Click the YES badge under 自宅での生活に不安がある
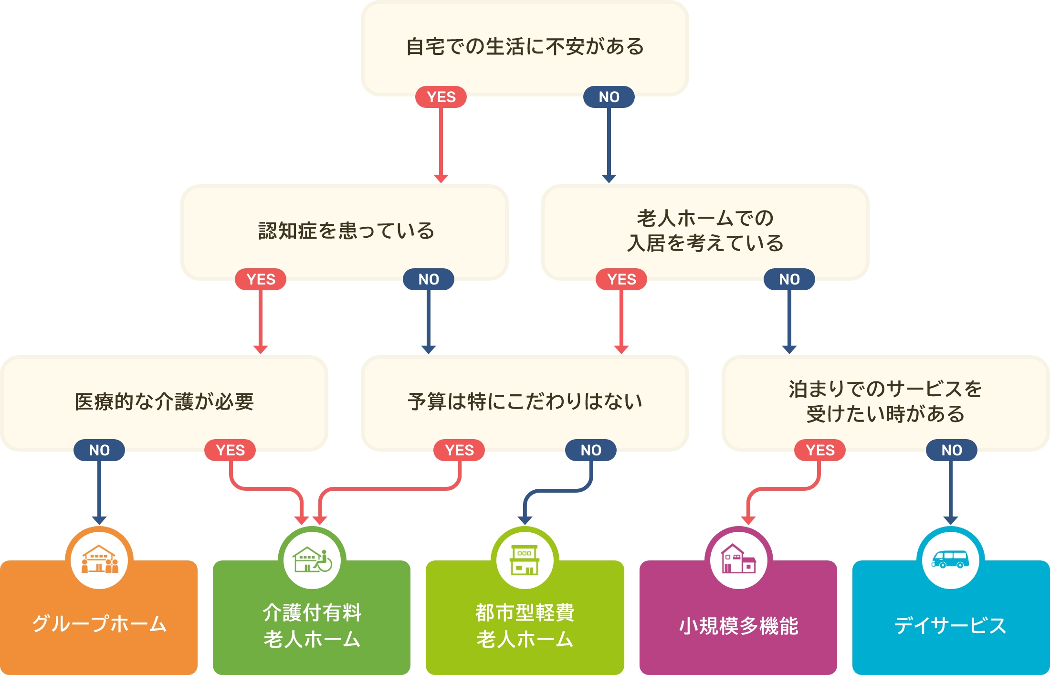441,97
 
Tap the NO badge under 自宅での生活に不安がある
609,97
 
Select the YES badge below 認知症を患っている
261,279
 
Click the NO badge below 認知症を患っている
429,279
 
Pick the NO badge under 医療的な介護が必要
99,450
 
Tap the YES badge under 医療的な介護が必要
230,450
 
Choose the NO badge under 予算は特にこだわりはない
591,450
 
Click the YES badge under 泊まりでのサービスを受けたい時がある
820,450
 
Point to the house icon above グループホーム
99,559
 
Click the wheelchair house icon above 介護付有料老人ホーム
312,559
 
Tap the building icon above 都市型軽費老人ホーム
525,559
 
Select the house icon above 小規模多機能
738,559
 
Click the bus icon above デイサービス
950,559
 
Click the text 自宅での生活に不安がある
525,47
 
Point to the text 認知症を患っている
346,231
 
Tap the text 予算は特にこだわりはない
525,401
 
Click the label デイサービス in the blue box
950,625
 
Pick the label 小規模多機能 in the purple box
738,626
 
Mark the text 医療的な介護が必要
164,401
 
